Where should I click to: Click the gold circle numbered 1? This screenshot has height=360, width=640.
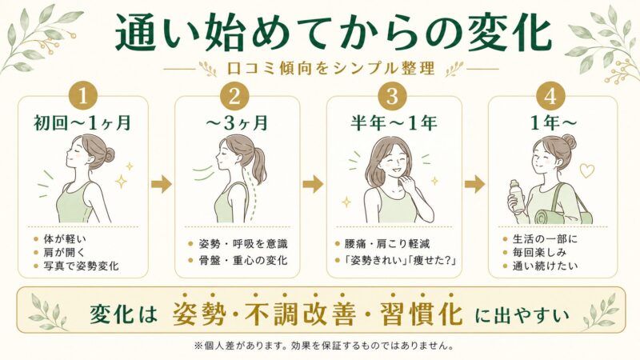[x=83, y=97]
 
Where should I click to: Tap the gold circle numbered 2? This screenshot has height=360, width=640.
[x=234, y=97]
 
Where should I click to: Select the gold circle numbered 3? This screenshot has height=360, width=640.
[x=392, y=97]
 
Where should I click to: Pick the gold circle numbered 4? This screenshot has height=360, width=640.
[x=550, y=97]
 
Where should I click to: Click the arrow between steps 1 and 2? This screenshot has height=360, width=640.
[x=162, y=184]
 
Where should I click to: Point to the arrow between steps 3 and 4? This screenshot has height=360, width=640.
[x=474, y=184]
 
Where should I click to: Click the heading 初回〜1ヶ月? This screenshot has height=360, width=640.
[x=82, y=123]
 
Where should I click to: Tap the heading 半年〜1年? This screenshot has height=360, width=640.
[x=394, y=123]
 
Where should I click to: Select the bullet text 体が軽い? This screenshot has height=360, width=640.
[x=65, y=239]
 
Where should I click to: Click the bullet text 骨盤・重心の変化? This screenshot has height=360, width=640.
[x=243, y=261]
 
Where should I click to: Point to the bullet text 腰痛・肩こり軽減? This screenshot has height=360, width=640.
[x=387, y=244]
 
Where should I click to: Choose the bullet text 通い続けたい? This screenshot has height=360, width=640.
[x=546, y=266]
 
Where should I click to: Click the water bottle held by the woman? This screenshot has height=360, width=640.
[x=518, y=197]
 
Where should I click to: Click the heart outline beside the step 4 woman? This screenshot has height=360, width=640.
[x=586, y=170]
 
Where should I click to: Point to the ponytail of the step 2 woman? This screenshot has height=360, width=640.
[x=256, y=166]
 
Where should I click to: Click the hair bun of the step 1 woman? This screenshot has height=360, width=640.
[x=109, y=155]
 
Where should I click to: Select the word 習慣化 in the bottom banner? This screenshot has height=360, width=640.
[x=422, y=314]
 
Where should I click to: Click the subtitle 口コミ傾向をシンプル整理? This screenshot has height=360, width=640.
[x=330, y=69]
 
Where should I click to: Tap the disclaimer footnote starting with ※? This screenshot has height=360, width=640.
[x=324, y=346]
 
